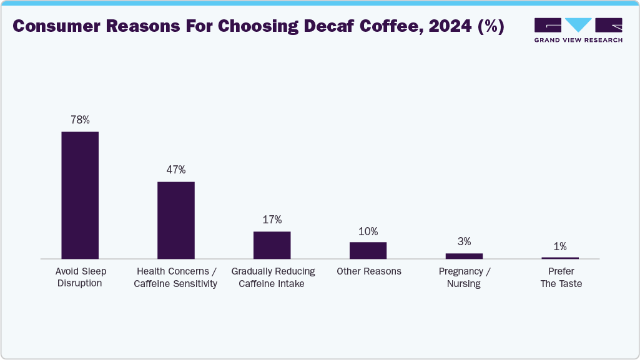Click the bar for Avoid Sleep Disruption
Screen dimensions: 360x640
[80, 195]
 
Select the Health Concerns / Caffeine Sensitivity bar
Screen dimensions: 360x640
[175, 220]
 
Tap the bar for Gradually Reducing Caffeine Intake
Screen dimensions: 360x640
[272, 245]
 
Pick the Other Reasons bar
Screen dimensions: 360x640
[368, 250]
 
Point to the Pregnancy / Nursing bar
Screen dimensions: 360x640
[464, 256]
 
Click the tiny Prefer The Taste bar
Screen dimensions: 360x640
[560, 258]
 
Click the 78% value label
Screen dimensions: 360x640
[80, 120]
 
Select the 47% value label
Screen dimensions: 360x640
[175, 170]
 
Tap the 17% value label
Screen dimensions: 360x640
[272, 220]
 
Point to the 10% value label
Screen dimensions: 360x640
[368, 231]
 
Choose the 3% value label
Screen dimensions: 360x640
[464, 241]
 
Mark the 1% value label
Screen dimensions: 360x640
[560, 246]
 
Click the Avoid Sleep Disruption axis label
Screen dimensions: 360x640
[81, 278]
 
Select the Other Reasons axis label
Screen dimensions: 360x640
[368, 271]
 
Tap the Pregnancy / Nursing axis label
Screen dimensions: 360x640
[464, 278]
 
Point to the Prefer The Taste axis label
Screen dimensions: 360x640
[561, 278]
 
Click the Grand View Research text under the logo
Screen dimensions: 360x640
[578, 40]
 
